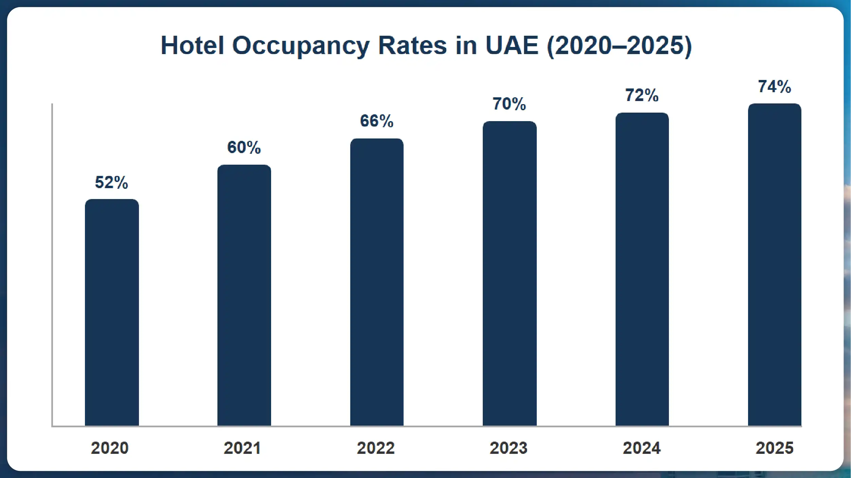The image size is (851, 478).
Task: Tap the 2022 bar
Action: coord(377,282)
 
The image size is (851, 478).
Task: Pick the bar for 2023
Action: coord(510,274)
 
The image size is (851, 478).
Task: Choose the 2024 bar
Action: coord(642,269)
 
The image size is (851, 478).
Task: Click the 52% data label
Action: coord(111,182)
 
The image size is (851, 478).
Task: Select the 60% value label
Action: coord(244,147)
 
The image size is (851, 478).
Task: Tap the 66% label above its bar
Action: coord(377,121)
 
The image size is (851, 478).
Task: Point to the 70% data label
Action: coord(509,104)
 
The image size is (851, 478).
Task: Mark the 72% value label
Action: coord(642,95)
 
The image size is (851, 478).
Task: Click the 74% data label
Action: coord(774,86)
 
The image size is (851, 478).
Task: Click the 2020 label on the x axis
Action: coord(110,448)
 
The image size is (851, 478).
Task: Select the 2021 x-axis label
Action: coord(242,448)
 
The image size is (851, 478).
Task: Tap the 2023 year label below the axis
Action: coord(509,448)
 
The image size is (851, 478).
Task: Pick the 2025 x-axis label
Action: coord(775,448)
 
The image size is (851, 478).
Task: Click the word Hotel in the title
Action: coord(192,45)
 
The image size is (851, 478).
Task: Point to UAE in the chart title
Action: coord(512,45)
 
